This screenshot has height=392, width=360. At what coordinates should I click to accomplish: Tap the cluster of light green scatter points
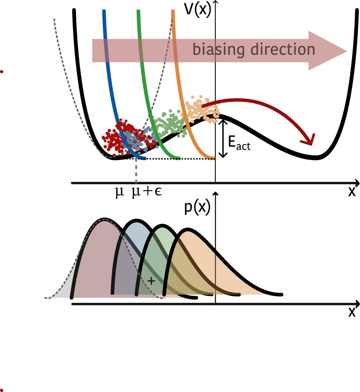pyautogui.click(x=169, y=124)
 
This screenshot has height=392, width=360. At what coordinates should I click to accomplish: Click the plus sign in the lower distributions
pyautogui.click(x=151, y=281)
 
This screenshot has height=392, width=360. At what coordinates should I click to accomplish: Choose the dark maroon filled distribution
pyautogui.click(x=96, y=260)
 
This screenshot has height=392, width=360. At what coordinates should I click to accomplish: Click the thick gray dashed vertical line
pyautogui.click(x=136, y=172)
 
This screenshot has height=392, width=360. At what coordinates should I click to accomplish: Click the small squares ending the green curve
pyautogui.click(x=177, y=158)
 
